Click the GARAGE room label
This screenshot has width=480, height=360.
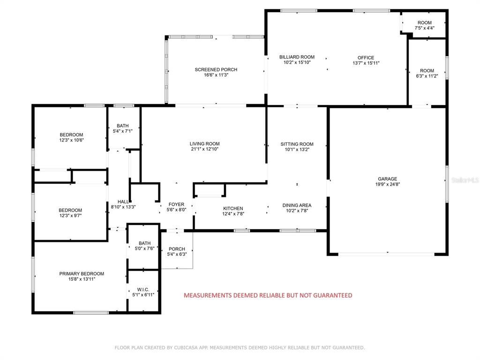pyautogui.click(x=387, y=179)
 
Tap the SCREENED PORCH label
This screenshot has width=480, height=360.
pyautogui.click(x=216, y=69)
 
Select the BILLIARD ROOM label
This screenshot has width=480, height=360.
pyautogui.click(x=297, y=57)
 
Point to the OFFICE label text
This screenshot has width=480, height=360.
pyautogui.click(x=366, y=58)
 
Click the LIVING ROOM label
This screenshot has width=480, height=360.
pyautogui.click(x=204, y=143)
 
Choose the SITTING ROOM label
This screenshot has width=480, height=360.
pyautogui.click(x=297, y=144)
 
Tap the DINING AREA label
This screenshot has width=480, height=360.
pyautogui.click(x=297, y=205)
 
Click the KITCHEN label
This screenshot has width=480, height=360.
pyautogui.click(x=233, y=208)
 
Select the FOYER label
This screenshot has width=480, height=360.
pyautogui.click(x=176, y=204)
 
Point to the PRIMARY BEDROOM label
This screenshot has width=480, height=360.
pyautogui.click(x=82, y=274)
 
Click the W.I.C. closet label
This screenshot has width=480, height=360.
pyautogui.click(x=143, y=289)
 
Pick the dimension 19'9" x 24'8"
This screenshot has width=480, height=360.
pyautogui.click(x=388, y=184)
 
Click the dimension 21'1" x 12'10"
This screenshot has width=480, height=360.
pyautogui.click(x=204, y=149)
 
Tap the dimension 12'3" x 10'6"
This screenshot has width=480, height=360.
pyautogui.click(x=71, y=140)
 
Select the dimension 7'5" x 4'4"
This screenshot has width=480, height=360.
pyautogui.click(x=425, y=28)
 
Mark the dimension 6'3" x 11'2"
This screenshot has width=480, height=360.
pyautogui.click(x=427, y=76)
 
